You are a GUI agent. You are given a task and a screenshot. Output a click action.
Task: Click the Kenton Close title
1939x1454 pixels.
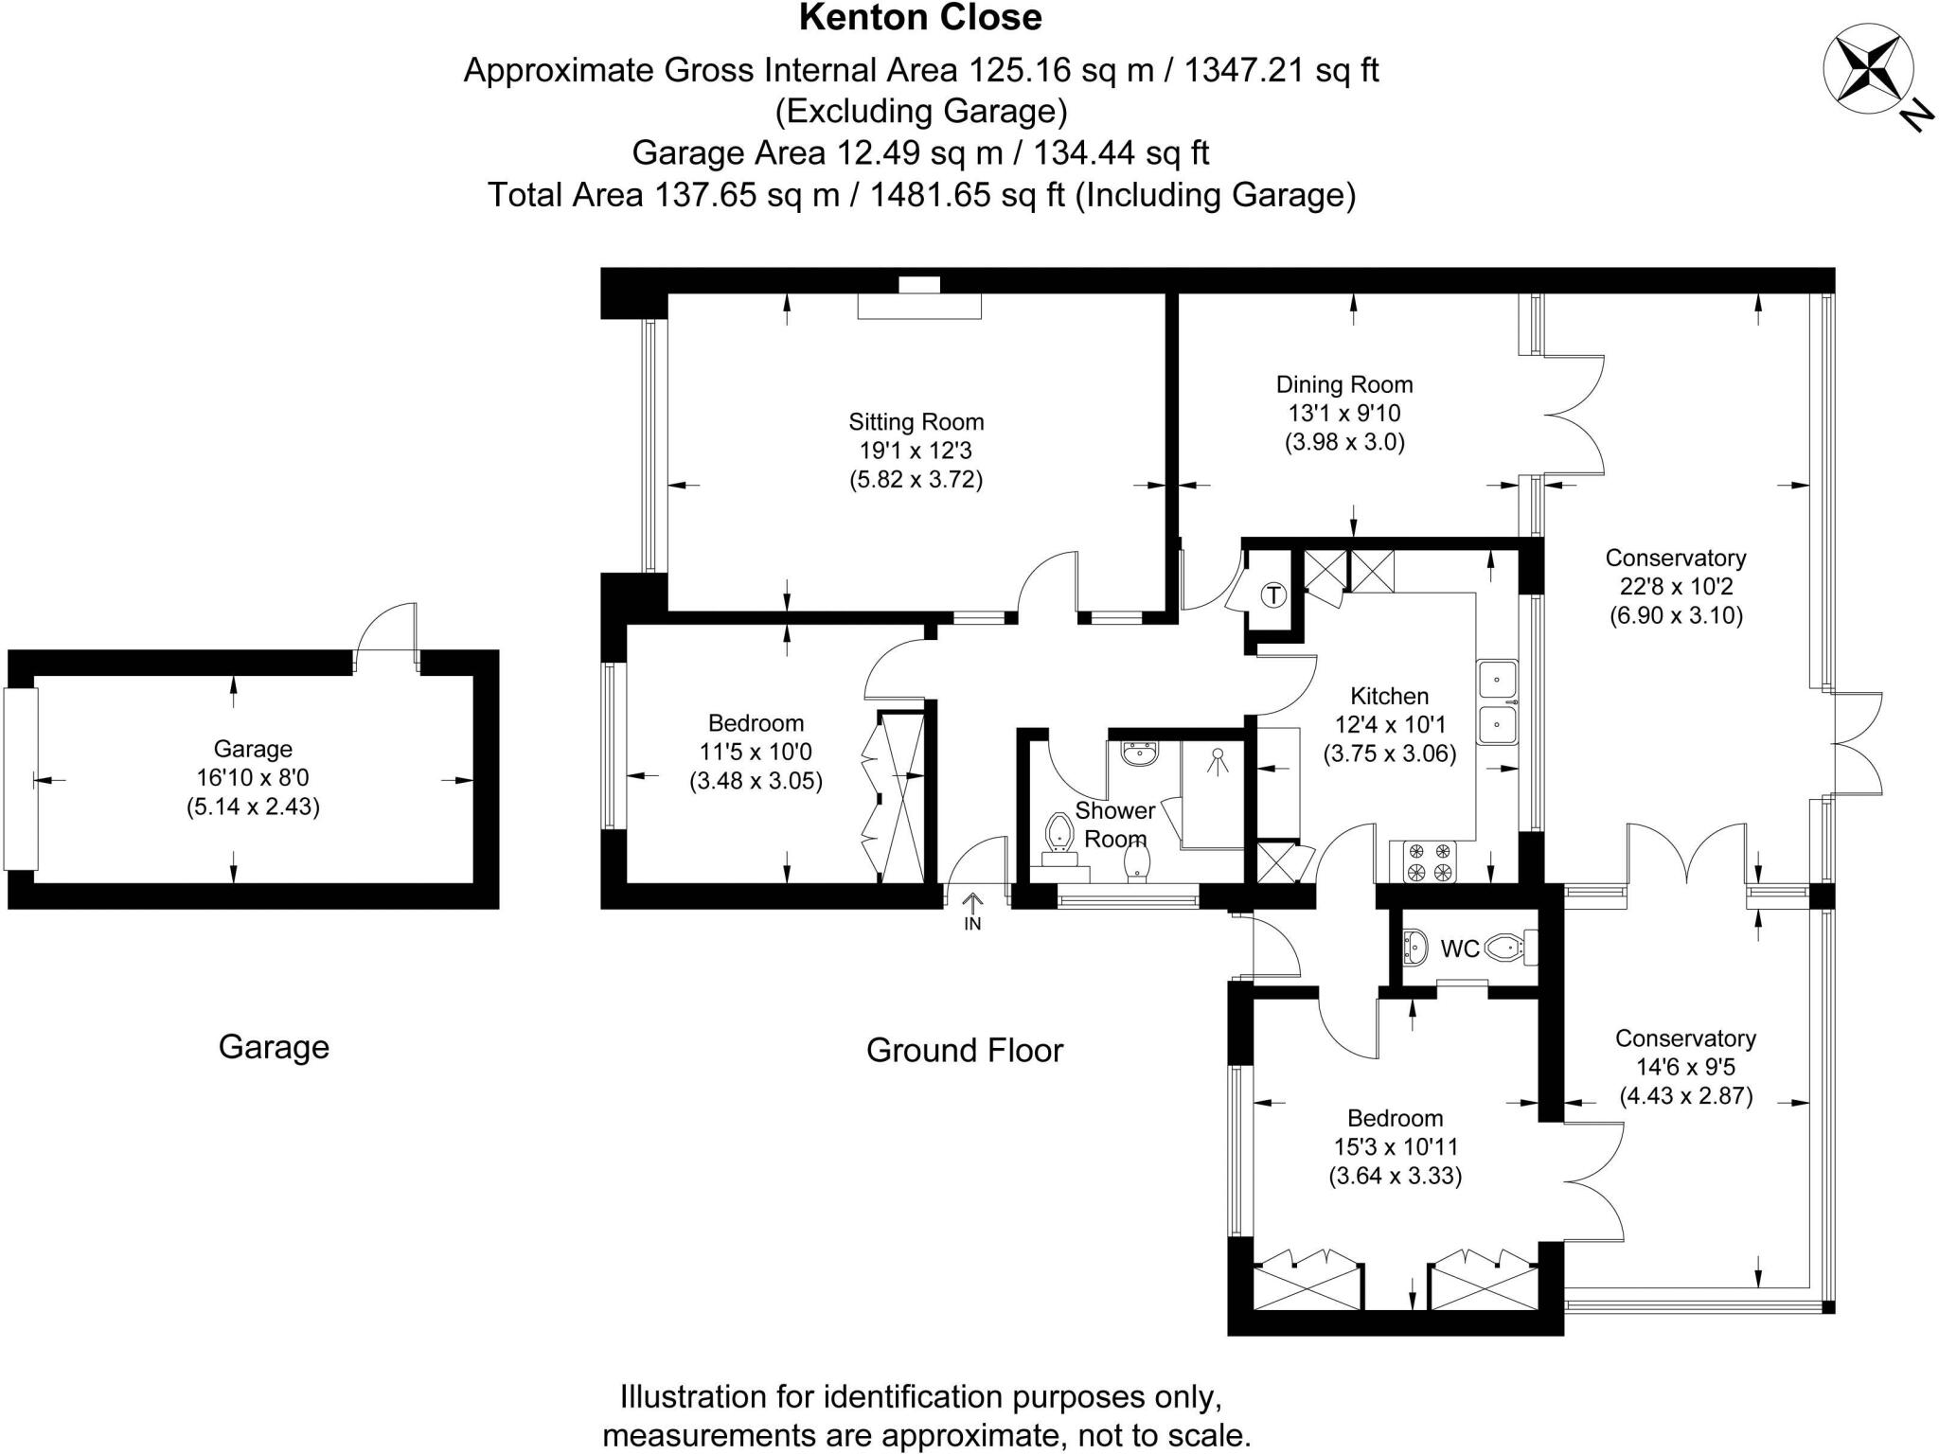pyautogui.click(x=920, y=18)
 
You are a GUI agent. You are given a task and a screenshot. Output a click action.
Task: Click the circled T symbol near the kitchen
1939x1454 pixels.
pyautogui.click(x=1274, y=595)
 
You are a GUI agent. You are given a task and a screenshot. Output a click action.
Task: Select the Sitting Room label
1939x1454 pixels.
pyautogui.click(x=916, y=422)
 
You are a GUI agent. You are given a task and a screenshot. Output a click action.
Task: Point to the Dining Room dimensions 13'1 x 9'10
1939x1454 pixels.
pyautogui.click(x=1343, y=414)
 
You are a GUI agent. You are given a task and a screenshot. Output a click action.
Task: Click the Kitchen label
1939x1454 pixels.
pyautogui.click(x=1389, y=697)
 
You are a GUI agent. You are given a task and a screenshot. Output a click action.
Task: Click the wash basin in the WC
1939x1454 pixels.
pyautogui.click(x=1414, y=947)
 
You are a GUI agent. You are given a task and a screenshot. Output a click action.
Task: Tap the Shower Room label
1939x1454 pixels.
pyautogui.click(x=1114, y=825)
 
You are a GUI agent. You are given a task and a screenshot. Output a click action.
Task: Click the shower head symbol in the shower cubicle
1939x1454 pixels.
pyautogui.click(x=1215, y=758)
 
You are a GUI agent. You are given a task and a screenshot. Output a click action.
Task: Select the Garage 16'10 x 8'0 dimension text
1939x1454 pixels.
pyautogui.click(x=253, y=778)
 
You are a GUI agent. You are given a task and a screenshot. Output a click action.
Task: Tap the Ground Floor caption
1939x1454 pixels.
pyautogui.click(x=965, y=1050)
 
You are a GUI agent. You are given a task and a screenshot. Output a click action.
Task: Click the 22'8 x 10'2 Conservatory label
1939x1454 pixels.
pyautogui.click(x=1676, y=587)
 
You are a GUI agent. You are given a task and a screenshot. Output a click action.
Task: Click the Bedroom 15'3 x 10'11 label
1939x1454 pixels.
pyautogui.click(x=1395, y=1147)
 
